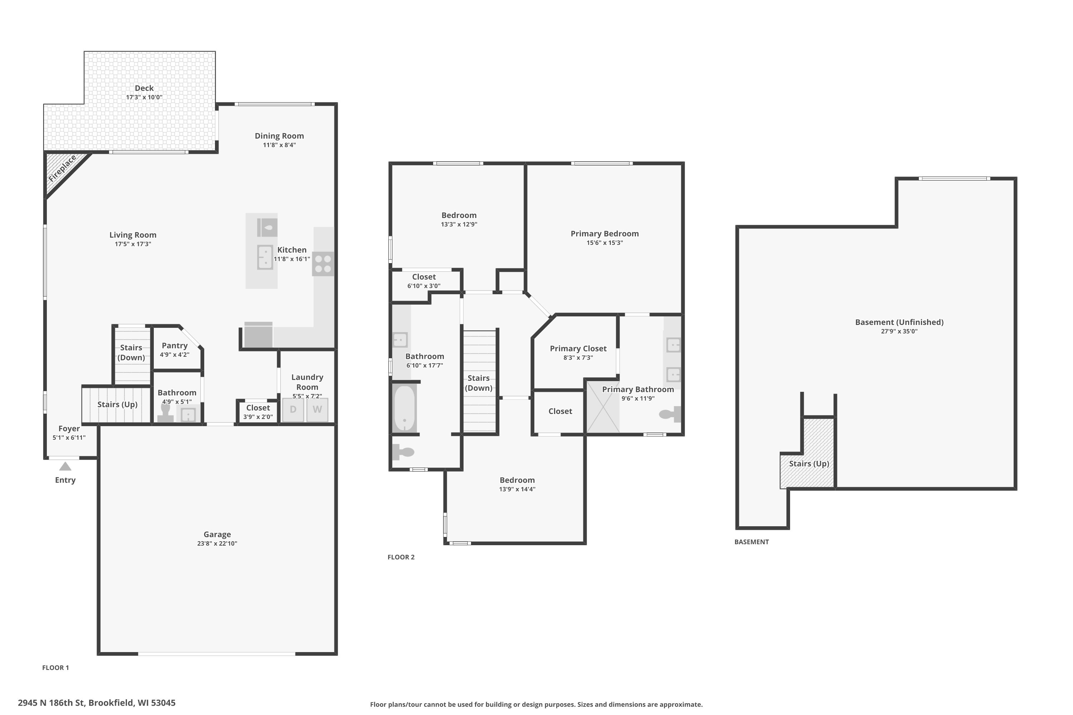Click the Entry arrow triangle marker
coord(65,466)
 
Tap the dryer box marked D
coord(293,409)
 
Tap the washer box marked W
coord(317,409)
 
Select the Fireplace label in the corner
coord(63,169)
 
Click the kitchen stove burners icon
coord(323,263)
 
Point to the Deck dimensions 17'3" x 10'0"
coord(144,97)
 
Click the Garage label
coord(217,534)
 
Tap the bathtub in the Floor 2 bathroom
coord(404,408)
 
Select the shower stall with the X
coord(603,407)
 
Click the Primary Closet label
coord(578,348)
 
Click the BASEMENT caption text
coord(751,542)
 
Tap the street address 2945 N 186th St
coord(97,703)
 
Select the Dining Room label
coord(279,135)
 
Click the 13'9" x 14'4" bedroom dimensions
coord(517,489)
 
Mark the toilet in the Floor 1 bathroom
coord(165,413)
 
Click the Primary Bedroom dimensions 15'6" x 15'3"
coord(604,243)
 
